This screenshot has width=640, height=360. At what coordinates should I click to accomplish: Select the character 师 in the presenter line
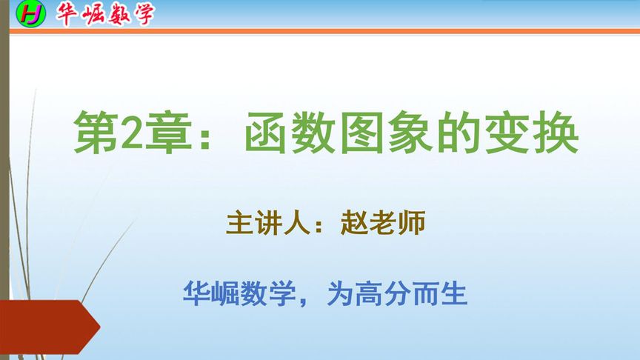coord(412,223)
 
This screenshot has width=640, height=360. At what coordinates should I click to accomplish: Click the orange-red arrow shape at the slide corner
coord(48,326)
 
